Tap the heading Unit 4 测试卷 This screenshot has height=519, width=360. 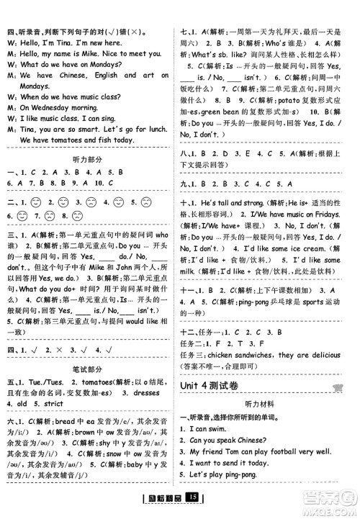(x=215, y=387)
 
